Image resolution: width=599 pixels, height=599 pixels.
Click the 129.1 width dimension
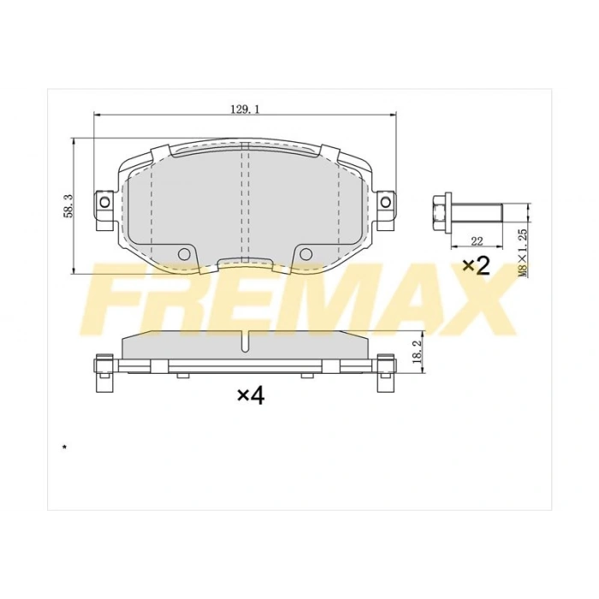[x=245, y=109]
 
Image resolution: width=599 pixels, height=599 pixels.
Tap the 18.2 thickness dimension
[x=418, y=352]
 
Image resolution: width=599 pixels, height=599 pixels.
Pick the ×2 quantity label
[x=475, y=266]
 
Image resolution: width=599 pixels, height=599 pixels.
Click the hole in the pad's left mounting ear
[x=105, y=202]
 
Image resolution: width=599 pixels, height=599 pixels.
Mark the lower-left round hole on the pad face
[x=183, y=253]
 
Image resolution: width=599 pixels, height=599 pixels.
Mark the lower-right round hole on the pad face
[x=305, y=253]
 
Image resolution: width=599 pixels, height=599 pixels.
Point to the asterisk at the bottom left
[x=63, y=447]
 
